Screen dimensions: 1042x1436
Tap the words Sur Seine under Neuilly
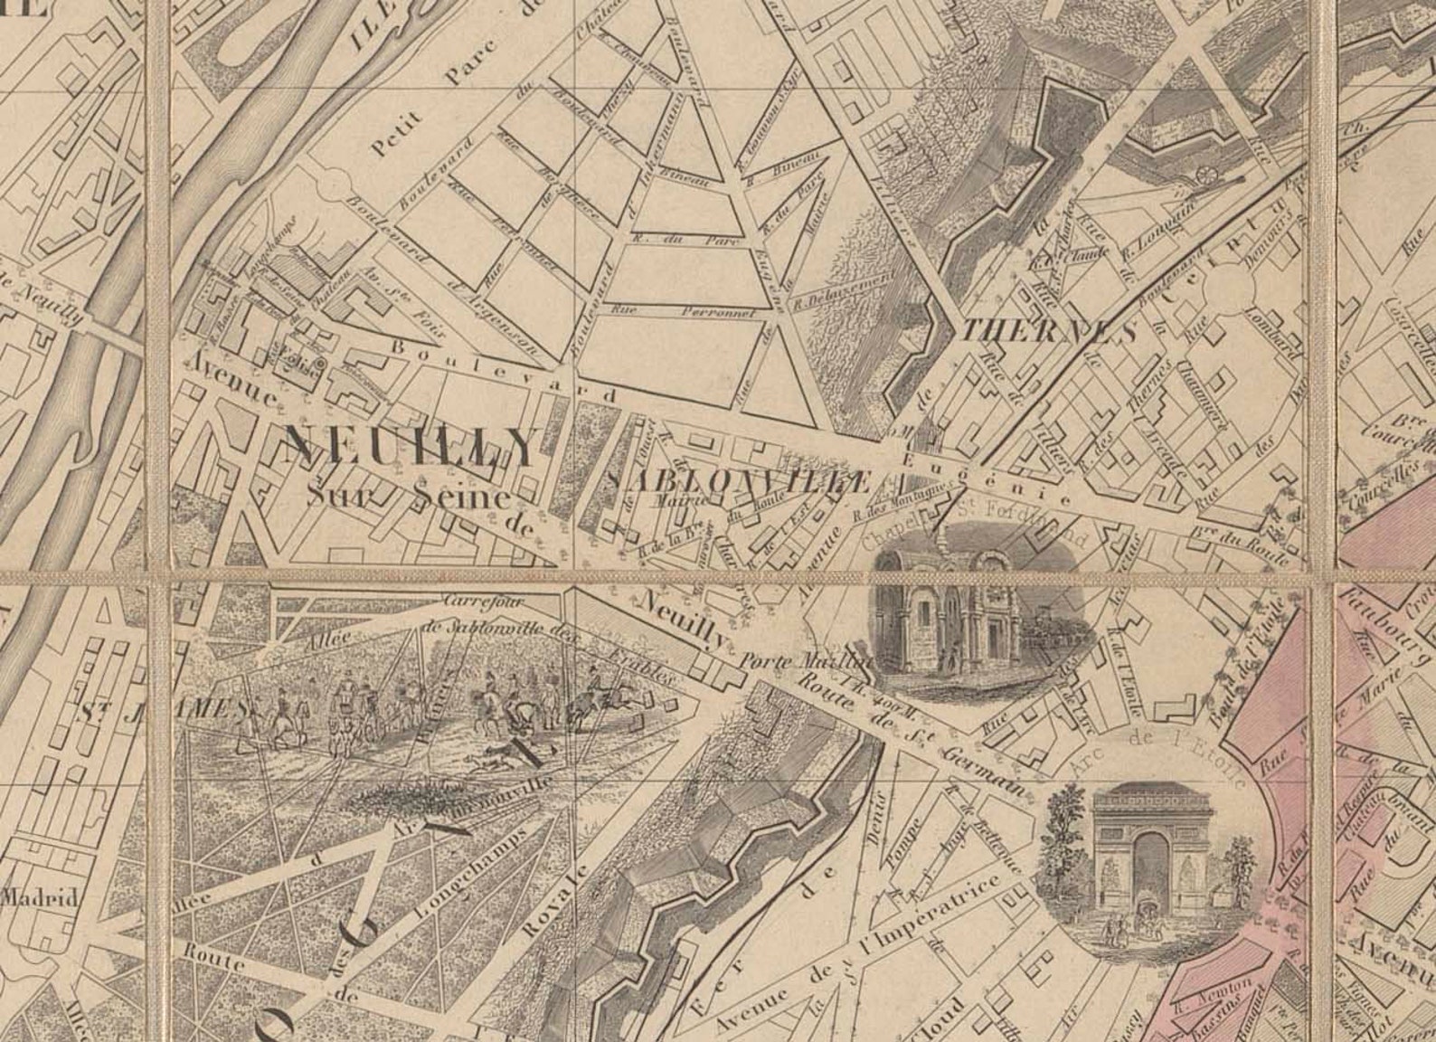tap(407, 497)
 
